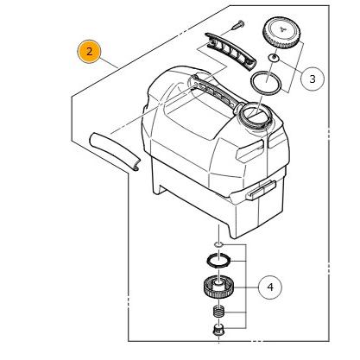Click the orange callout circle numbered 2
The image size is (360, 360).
(x=89, y=52)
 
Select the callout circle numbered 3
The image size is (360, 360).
(x=313, y=79)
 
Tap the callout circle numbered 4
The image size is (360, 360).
(x=270, y=287)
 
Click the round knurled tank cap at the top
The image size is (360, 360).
(x=281, y=33)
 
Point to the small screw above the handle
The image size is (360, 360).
(x=238, y=25)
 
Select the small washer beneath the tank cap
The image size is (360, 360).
(x=274, y=58)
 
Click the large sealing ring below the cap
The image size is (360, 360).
(x=266, y=82)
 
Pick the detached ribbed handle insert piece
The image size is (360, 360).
(x=230, y=51)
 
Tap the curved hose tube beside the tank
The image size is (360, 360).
(x=115, y=151)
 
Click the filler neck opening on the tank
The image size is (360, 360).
(x=255, y=114)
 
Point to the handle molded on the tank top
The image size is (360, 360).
(x=214, y=92)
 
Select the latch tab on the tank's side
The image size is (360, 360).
(x=261, y=190)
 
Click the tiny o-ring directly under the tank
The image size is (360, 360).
(x=218, y=244)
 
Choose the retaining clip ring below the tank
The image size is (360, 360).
(x=218, y=260)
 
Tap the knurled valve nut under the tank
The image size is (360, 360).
(x=218, y=287)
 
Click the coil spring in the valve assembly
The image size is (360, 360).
(x=218, y=312)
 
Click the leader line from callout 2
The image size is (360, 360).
(x=109, y=63)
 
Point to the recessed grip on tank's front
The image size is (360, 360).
(x=249, y=150)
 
